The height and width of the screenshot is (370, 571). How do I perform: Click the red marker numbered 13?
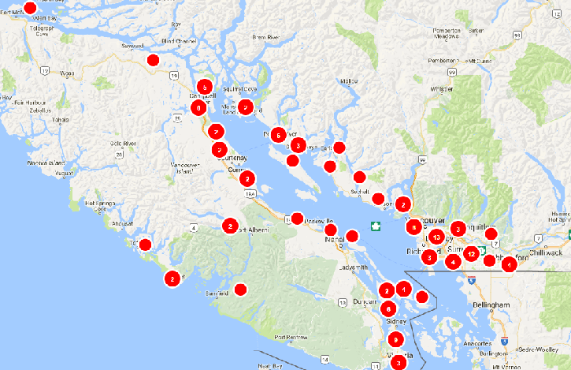pos(436,237)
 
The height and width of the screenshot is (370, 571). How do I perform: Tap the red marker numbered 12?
pos(470,253)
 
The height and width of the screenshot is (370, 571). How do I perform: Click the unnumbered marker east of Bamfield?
pos(240,290)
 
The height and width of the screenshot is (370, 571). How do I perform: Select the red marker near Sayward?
pos(153,59)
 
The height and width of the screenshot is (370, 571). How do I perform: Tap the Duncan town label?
pos(363,301)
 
